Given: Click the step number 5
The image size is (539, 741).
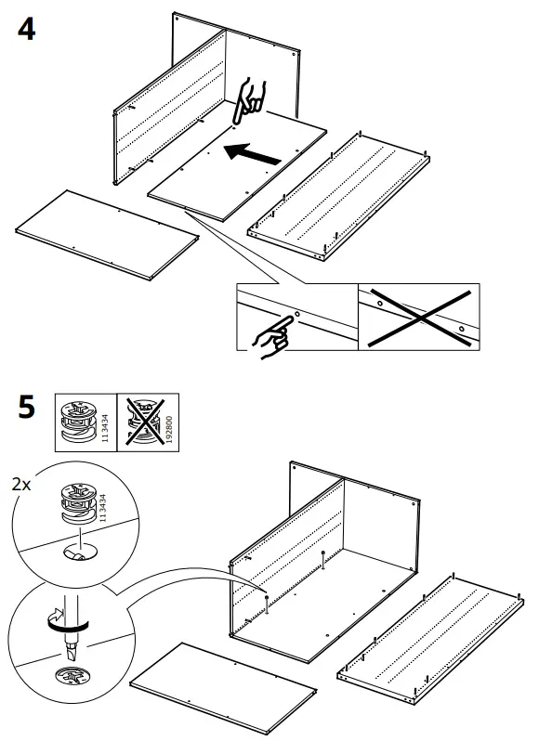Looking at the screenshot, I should click(27, 408).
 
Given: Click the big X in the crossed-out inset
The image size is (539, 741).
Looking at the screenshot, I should click(419, 318).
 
